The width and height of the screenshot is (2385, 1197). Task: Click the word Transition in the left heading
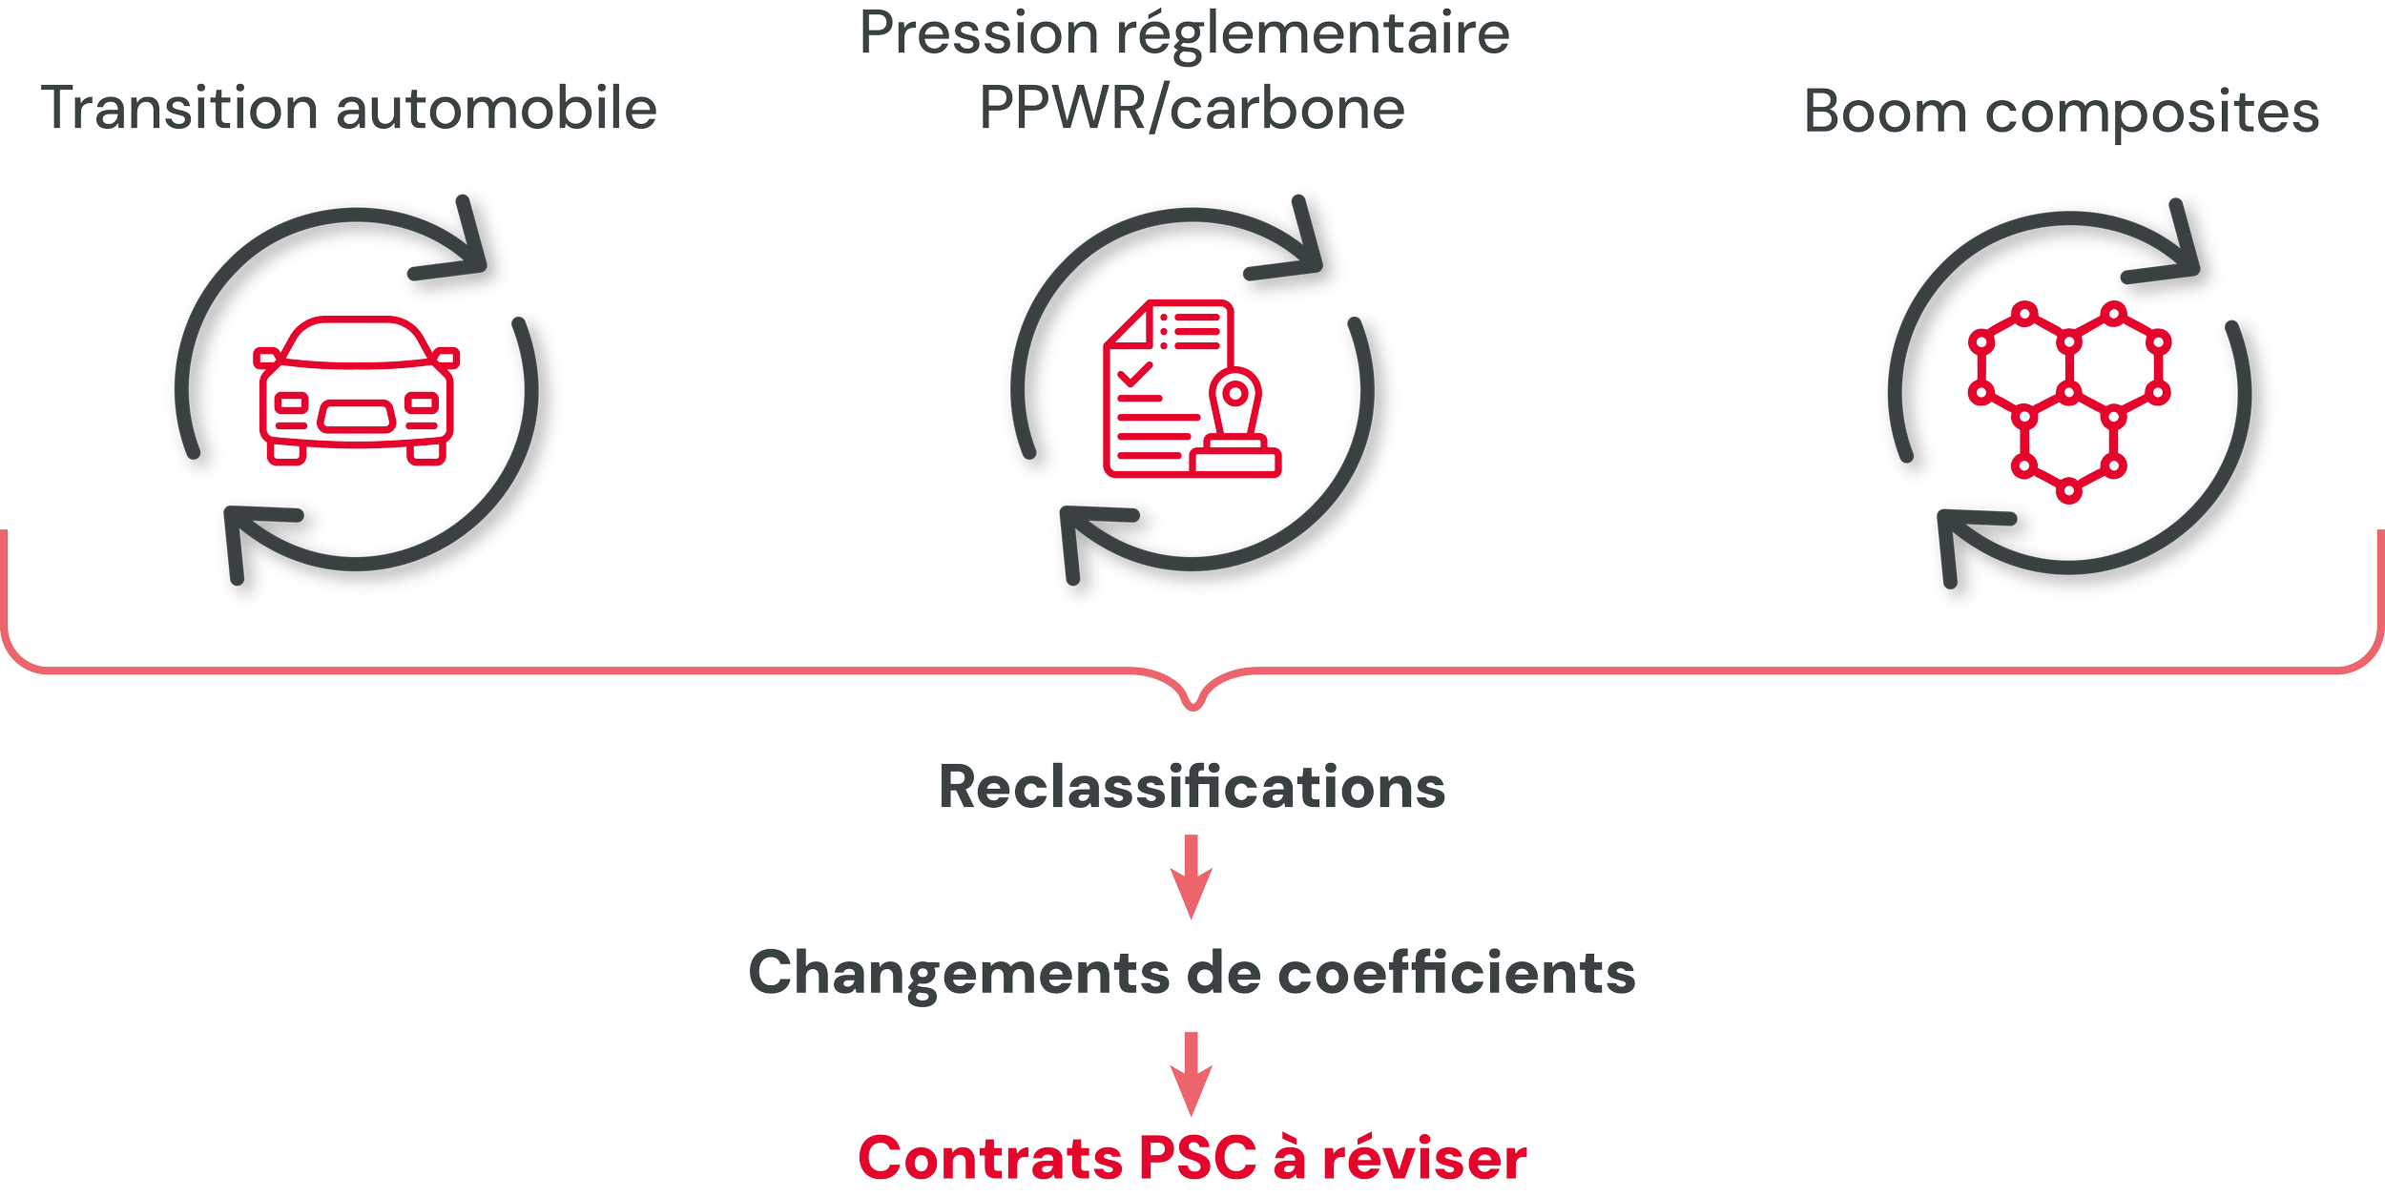click(x=178, y=108)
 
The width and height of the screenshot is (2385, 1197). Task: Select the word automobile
click(x=497, y=109)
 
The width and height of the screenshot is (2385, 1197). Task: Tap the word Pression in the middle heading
click(x=979, y=33)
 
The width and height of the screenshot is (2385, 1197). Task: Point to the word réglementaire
click(x=1313, y=35)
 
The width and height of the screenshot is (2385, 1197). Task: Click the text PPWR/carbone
click(x=1192, y=109)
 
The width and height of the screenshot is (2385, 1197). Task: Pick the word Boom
click(x=1885, y=112)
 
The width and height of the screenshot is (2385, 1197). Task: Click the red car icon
click(x=356, y=391)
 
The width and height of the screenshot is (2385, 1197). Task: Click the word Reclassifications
click(x=1192, y=788)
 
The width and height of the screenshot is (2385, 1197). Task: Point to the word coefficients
click(x=1457, y=974)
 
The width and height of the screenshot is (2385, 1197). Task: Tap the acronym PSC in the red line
click(x=1197, y=1158)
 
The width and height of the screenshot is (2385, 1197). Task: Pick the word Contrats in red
click(x=990, y=1158)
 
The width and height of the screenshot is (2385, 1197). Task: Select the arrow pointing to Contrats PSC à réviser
click(x=1192, y=1073)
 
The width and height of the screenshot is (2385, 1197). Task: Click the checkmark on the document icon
click(x=1135, y=374)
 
